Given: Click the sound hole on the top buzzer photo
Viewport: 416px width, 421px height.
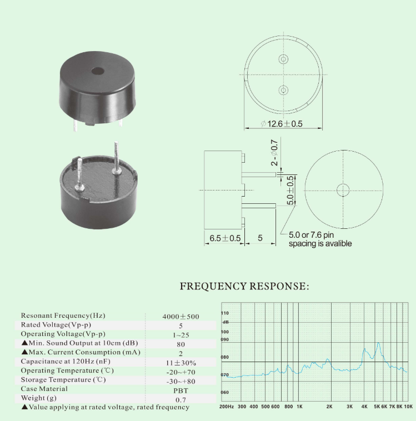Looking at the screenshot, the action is pyautogui.click(x=98, y=71).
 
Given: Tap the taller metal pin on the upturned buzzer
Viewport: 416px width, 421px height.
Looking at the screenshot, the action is pyautogui.click(x=116, y=158).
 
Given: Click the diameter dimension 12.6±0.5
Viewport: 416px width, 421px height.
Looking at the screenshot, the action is pyautogui.click(x=282, y=124).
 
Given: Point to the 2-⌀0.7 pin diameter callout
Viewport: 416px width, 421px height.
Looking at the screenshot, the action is pyautogui.click(x=274, y=153).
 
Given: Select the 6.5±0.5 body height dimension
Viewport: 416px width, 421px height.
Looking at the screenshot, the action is pyautogui.click(x=225, y=238).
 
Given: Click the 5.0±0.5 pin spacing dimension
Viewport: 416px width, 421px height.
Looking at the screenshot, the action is pyautogui.click(x=290, y=191).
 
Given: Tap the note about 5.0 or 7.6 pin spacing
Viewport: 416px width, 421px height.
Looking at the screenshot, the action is pyautogui.click(x=320, y=239).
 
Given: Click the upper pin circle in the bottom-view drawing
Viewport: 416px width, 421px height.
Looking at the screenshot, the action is pyautogui.click(x=283, y=59).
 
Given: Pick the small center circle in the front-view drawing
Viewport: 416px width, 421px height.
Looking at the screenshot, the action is pyautogui.click(x=343, y=190).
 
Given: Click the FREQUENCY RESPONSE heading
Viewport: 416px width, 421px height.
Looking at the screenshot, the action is pyautogui.click(x=244, y=286).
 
